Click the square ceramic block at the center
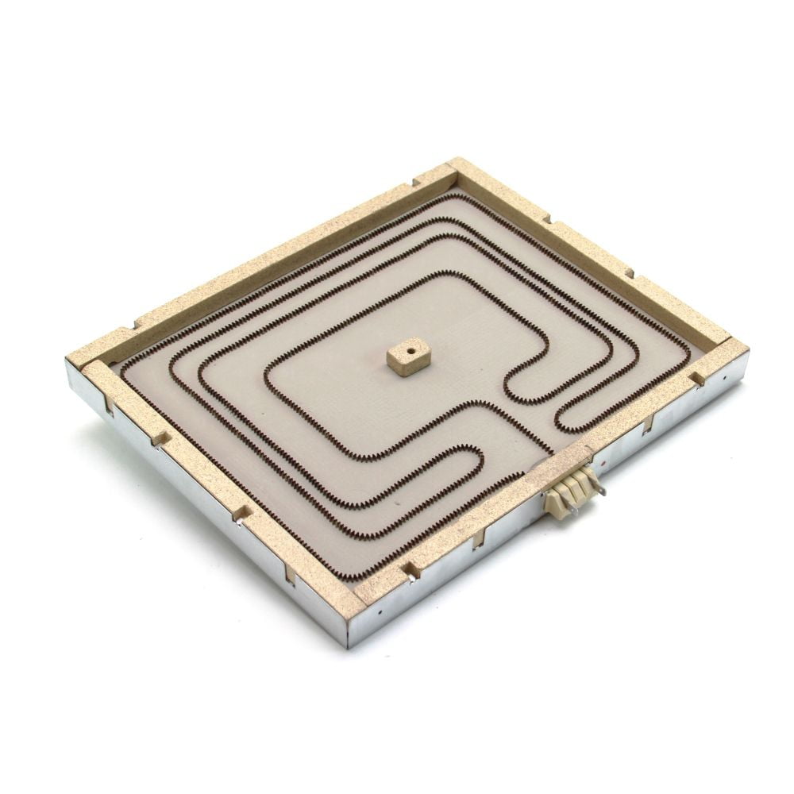click(x=408, y=357)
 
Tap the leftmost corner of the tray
click(x=68, y=364)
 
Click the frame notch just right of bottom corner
click(x=410, y=569)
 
